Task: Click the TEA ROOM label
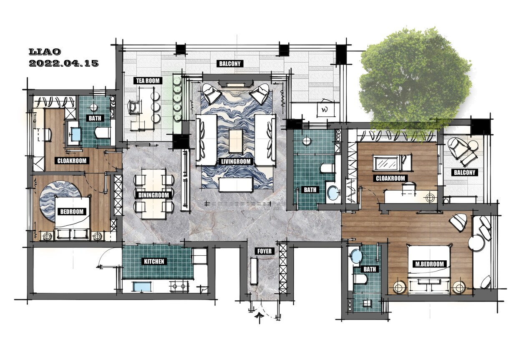pyautogui.click(x=148, y=81)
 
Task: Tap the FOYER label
pyautogui.click(x=264, y=251)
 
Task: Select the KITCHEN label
pyautogui.click(x=154, y=262)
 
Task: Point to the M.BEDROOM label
pyautogui.click(x=429, y=264)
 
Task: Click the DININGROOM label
pyautogui.click(x=154, y=195)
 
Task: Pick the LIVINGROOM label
pyautogui.click(x=236, y=161)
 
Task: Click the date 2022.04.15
pyautogui.click(x=64, y=63)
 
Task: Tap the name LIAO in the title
pyautogui.click(x=45, y=52)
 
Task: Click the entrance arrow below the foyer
pyautogui.click(x=259, y=317)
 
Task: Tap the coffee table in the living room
pyautogui.click(x=236, y=141)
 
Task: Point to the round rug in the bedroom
pyautogui.click(x=60, y=201)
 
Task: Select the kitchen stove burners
pyautogui.click(x=179, y=287)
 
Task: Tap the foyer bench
pyautogui.click(x=254, y=271)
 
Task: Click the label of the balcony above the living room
pyautogui.click(x=229, y=63)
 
